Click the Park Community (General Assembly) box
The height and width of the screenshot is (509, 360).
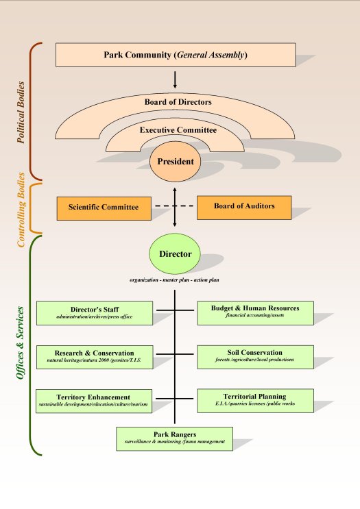click(x=176, y=55)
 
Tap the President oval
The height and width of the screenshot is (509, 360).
click(x=175, y=162)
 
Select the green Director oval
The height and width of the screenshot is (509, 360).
click(x=175, y=254)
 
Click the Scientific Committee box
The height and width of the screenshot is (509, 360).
click(x=104, y=208)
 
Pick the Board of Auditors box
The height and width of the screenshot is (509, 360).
click(x=244, y=208)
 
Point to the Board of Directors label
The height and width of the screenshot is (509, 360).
click(x=178, y=102)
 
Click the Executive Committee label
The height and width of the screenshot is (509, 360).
click(x=178, y=130)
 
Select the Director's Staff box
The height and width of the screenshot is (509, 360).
click(x=95, y=313)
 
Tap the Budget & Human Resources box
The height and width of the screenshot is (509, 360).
click(x=255, y=313)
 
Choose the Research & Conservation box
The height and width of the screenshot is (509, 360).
click(x=95, y=357)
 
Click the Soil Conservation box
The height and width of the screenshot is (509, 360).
click(x=255, y=357)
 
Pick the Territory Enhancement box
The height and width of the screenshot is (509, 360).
click(x=94, y=401)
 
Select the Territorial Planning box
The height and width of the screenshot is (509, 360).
click(x=255, y=401)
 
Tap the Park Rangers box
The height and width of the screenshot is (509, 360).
click(x=174, y=439)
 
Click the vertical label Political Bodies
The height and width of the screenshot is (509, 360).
click(x=21, y=112)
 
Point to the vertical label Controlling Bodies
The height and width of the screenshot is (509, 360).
click(x=21, y=210)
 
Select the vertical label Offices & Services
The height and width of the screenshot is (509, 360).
click(x=20, y=343)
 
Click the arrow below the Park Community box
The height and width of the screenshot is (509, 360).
click(x=175, y=80)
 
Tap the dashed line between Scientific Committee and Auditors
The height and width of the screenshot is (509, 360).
click(x=174, y=206)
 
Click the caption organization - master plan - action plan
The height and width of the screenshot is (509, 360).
click(x=174, y=280)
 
